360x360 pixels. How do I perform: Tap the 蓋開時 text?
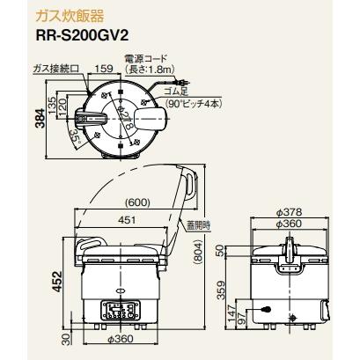tap(202, 225)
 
